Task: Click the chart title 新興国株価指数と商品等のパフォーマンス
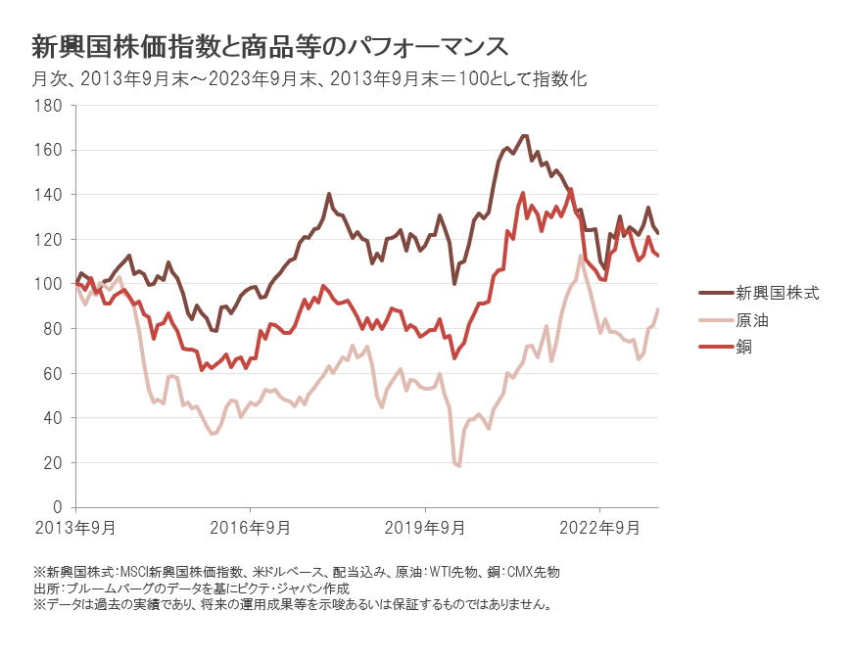(270, 46)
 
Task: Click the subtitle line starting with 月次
(309, 79)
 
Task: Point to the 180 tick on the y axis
(49, 106)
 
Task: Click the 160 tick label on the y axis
(49, 150)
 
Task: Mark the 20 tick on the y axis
(53, 462)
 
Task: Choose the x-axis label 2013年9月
(75, 528)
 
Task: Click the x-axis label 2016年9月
(250, 528)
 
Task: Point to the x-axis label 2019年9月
(425, 528)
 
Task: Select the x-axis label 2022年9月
(599, 528)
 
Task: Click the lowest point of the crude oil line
(458, 465)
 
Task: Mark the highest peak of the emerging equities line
(525, 136)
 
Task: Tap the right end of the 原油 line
(658, 309)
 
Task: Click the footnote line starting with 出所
(191, 588)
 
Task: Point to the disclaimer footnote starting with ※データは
(293, 604)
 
